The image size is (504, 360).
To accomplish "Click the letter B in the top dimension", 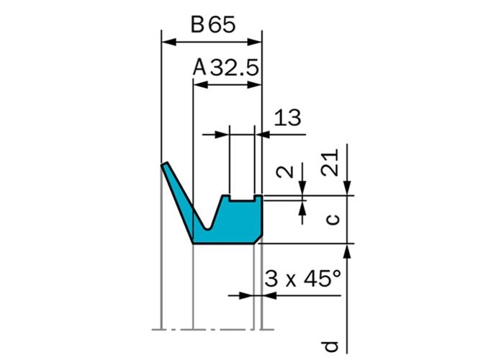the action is pyautogui.click(x=198, y=24).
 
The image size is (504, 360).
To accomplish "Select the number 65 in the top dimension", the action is pyautogui.click(x=222, y=24).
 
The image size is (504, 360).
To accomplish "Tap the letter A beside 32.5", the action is pyautogui.click(x=199, y=68).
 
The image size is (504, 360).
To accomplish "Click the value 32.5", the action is pyautogui.click(x=235, y=68).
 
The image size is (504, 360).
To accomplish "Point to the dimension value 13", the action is pyautogui.click(x=287, y=117).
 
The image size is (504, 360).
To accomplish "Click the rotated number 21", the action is pyautogui.click(x=330, y=162).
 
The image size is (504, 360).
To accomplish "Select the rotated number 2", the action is pyautogui.click(x=285, y=172).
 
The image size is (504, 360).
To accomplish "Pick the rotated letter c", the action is pyautogui.click(x=333, y=220).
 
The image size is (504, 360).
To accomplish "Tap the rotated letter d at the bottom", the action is pyautogui.click(x=330, y=346).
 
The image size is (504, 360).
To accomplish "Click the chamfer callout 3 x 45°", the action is pyautogui.click(x=302, y=279).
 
